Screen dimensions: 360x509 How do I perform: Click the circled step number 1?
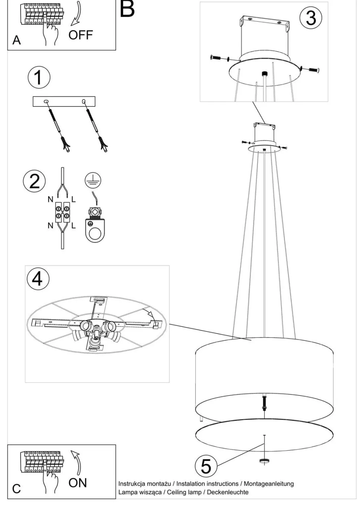(x=39, y=77)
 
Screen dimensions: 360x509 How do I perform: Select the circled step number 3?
(x=311, y=18)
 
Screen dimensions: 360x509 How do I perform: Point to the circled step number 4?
(x=38, y=279)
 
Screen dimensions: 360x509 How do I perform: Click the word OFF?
(x=81, y=35)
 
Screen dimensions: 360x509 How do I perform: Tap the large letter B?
(x=127, y=9)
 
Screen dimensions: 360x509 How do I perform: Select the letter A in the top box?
(x=17, y=40)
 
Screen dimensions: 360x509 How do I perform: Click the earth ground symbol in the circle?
(x=93, y=181)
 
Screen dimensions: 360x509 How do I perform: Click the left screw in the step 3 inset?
(x=216, y=58)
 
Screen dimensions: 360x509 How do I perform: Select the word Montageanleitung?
(x=269, y=484)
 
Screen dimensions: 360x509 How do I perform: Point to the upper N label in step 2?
(x=50, y=200)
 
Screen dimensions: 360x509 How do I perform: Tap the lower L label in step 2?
(x=73, y=226)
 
